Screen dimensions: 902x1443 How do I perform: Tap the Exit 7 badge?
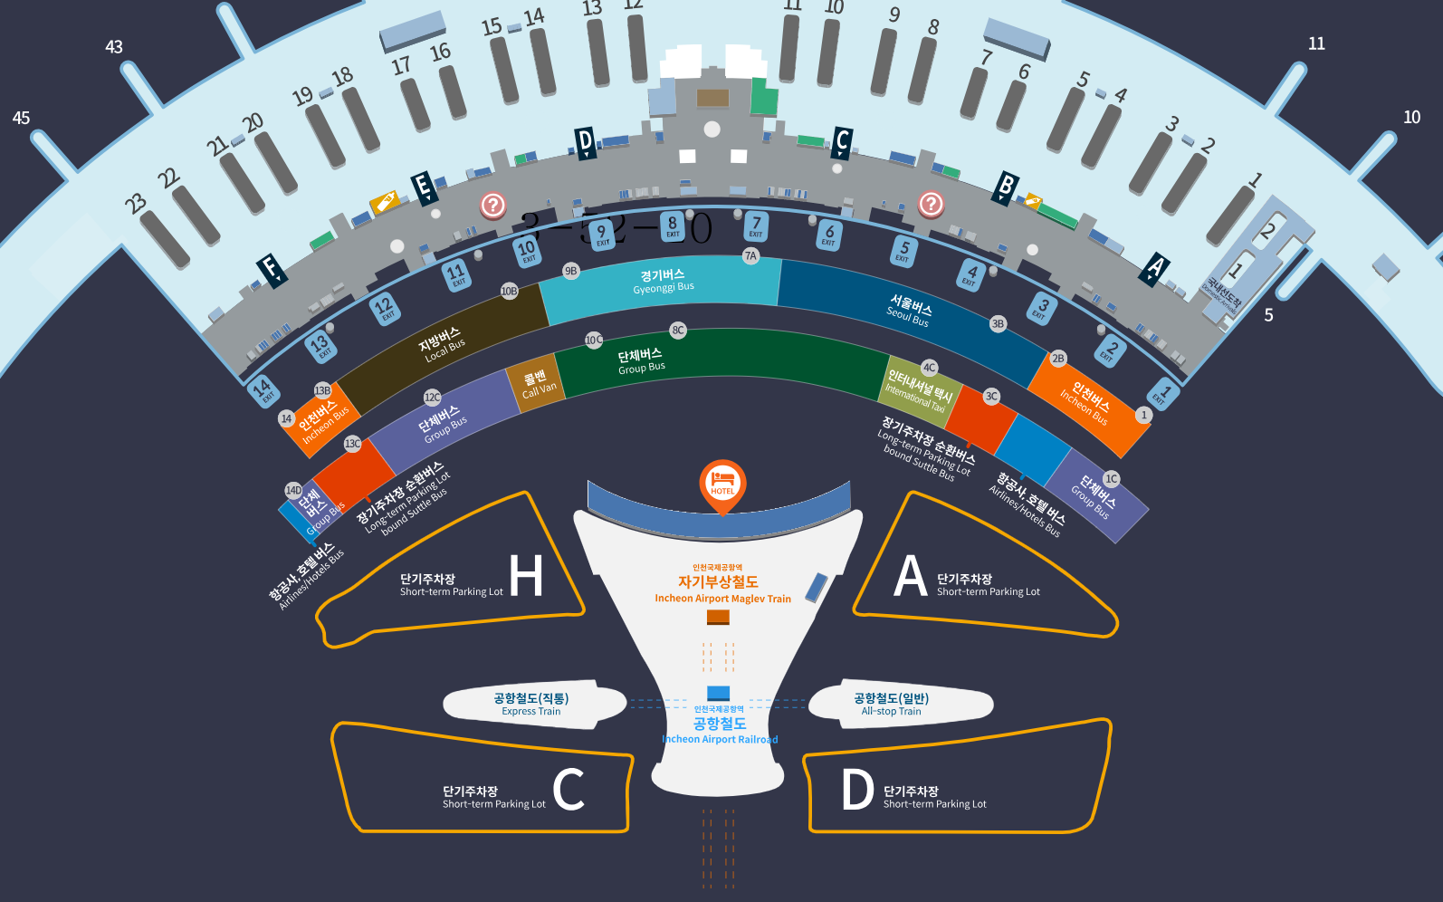pos(757,225)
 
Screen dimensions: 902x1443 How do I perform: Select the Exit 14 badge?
pos(263,390)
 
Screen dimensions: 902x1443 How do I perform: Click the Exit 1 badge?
pos(1162,395)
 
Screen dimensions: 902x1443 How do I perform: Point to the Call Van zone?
pos(538,383)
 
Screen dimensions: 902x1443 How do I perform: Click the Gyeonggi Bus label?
pos(663,281)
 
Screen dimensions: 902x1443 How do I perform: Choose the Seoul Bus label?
pos(909,311)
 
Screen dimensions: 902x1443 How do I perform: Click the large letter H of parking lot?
pos(526,576)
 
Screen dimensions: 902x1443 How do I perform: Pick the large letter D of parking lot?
pos(856,790)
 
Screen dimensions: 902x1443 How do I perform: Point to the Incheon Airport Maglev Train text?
pos(722,599)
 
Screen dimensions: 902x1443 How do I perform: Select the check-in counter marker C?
pos(842,142)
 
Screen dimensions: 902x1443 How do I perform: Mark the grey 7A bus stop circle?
pos(750,256)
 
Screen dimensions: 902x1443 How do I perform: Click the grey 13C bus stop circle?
pos(352,444)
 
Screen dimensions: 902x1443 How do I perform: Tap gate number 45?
pos(21,118)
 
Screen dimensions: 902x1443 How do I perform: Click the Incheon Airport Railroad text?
pos(721,739)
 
